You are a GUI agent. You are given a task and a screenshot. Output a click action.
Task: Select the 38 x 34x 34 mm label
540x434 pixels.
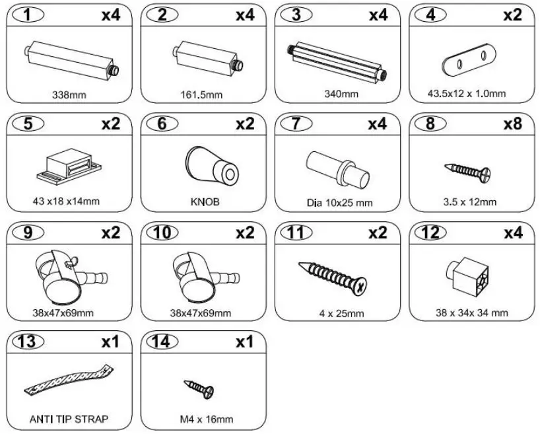tap(472, 312)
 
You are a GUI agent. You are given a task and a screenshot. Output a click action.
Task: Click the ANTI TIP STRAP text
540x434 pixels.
tap(69, 419)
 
